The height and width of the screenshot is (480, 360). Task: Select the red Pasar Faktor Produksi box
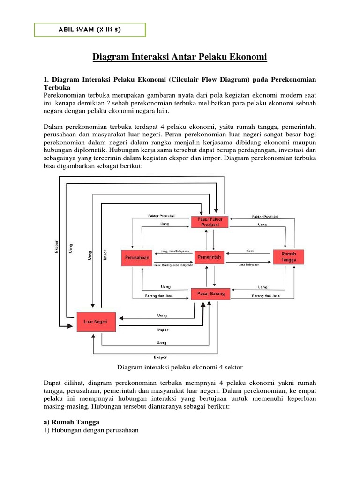pyautogui.click(x=210, y=221)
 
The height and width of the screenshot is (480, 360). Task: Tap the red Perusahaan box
pyautogui.click(x=137, y=257)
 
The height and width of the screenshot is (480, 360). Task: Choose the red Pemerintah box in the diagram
pyautogui.click(x=210, y=257)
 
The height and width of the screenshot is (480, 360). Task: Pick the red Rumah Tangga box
pyautogui.click(x=288, y=257)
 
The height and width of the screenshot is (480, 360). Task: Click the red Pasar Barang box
pyautogui.click(x=210, y=294)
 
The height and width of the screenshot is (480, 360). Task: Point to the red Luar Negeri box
pyautogui.click(x=95, y=322)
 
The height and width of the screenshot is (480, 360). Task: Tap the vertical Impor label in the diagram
pyautogui.click(x=105, y=255)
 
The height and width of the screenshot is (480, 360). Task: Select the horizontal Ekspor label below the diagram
pyautogui.click(x=161, y=357)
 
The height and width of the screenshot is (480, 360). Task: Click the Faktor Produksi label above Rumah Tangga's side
pyautogui.click(x=265, y=217)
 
